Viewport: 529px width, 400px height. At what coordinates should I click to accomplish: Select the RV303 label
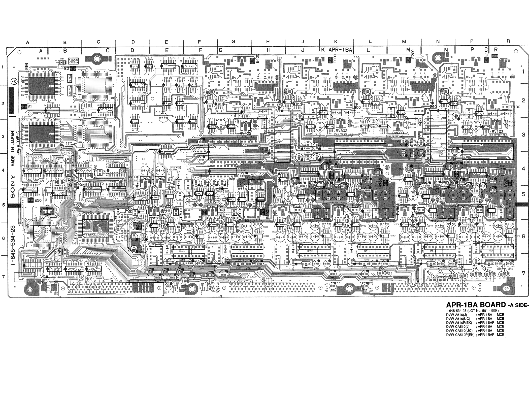pos(341,131)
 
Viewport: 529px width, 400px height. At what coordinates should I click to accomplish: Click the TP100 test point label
pos(514,107)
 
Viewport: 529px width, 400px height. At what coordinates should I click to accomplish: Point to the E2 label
pos(67,68)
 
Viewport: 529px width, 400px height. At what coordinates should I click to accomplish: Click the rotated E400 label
pos(257,59)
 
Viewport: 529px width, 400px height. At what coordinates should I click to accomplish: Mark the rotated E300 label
pos(335,59)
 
